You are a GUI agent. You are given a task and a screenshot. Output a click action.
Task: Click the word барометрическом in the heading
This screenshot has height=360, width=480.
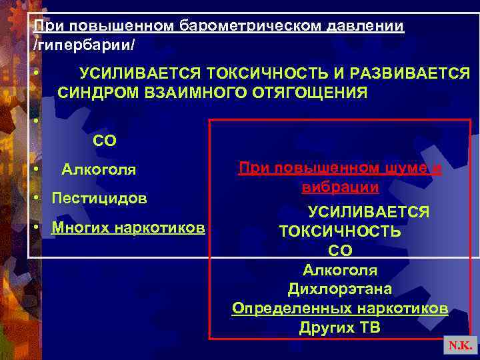pos(250,26)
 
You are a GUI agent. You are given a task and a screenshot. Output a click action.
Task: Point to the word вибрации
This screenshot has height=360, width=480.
pos(340,187)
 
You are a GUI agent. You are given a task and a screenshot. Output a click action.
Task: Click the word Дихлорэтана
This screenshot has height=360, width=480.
pos(340,289)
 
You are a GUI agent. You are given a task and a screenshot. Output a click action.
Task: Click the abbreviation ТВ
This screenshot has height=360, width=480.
pos(370,328)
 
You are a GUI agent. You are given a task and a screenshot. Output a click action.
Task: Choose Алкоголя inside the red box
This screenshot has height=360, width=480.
pos(340,270)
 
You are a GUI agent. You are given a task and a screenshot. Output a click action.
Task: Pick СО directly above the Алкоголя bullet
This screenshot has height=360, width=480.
pos(105,141)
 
